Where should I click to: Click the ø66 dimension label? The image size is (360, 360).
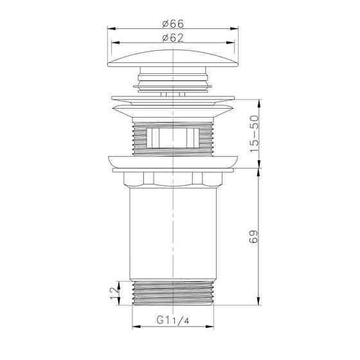pyautogui.click(x=173, y=24)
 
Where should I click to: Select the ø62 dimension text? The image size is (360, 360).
pyautogui.click(x=173, y=38)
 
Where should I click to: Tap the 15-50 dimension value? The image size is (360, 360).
pyautogui.click(x=254, y=134)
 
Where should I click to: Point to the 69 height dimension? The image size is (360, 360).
pyautogui.click(x=254, y=237)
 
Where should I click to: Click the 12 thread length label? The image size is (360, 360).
pyautogui.click(x=115, y=293)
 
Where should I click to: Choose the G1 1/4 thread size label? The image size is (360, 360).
pyautogui.click(x=173, y=320)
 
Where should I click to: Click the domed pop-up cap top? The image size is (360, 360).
pyautogui.click(x=173, y=59)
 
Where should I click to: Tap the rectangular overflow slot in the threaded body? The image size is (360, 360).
pyautogui.click(x=173, y=138)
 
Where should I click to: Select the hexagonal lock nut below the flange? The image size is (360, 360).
pyautogui.click(x=173, y=179)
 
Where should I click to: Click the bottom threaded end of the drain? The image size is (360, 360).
pyautogui.click(x=173, y=293)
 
